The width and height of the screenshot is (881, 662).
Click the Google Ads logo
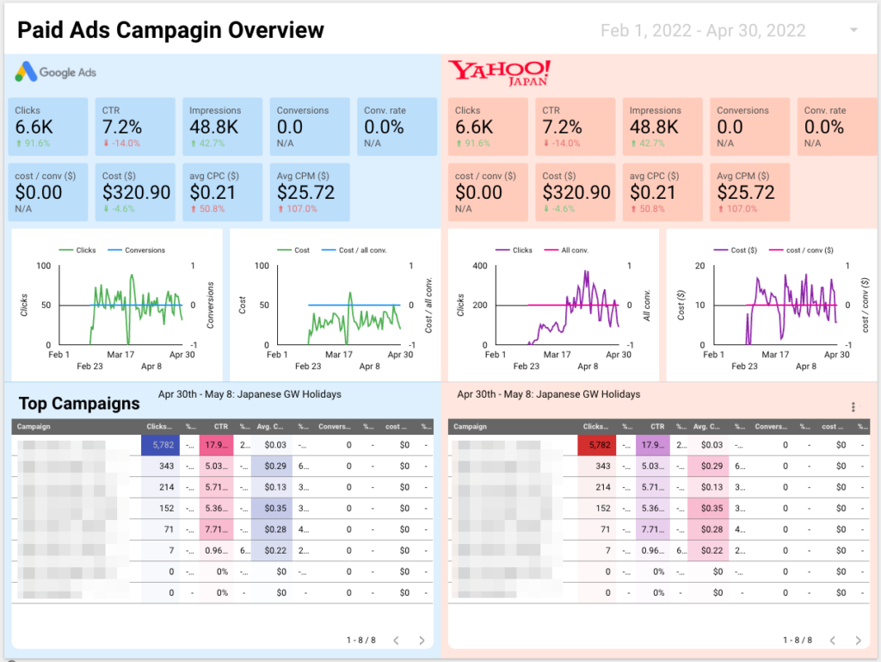pos(56,73)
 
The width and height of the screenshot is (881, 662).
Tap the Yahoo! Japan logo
pos(500,73)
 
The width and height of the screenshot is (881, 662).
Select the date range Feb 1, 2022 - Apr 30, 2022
pos(703,31)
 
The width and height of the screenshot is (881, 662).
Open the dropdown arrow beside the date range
pos(853,31)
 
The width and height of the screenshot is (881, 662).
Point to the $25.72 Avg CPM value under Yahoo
pos(746,193)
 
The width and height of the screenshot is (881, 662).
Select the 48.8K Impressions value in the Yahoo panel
pos(654,127)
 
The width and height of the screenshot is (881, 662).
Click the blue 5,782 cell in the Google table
pos(161,445)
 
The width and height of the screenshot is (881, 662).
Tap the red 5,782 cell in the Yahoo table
pos(597,445)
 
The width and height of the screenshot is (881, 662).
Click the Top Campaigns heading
pos(79,404)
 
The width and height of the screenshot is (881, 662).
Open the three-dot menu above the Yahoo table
pos(853,407)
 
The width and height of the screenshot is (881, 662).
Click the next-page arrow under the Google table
pos(422,640)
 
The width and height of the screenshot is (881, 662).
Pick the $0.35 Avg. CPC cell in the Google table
pos(274,508)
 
